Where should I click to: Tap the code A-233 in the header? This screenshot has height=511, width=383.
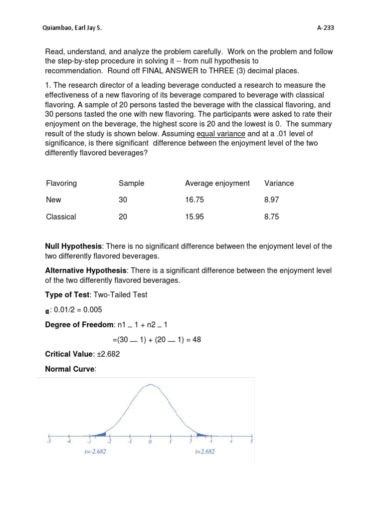click(325, 28)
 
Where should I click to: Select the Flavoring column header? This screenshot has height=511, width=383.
click(61, 183)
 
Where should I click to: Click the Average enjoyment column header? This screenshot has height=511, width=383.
click(217, 183)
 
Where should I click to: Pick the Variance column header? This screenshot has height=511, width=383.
click(279, 183)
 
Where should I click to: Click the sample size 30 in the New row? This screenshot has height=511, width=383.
click(123, 200)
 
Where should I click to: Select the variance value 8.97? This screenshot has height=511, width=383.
click(272, 200)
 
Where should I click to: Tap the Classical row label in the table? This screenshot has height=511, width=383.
click(61, 217)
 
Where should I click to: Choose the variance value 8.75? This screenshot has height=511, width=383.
click(272, 217)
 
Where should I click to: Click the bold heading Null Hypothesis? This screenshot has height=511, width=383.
click(73, 247)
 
